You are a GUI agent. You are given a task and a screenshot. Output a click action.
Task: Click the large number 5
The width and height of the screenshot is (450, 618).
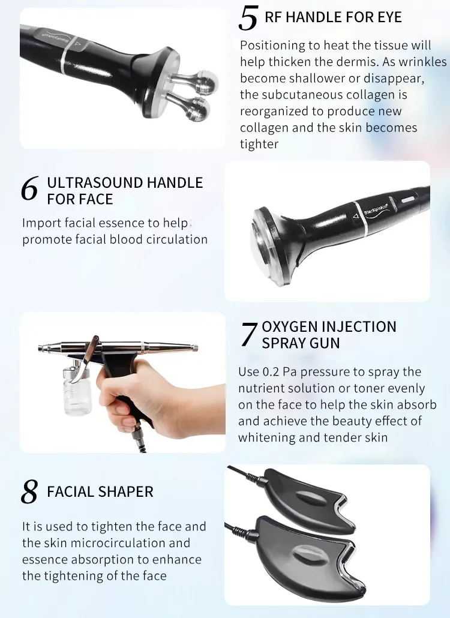[x=248, y=19]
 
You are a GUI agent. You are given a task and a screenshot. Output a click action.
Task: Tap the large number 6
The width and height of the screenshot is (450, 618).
[x=29, y=188]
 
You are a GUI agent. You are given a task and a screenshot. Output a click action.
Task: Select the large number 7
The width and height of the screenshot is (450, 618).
[x=249, y=335]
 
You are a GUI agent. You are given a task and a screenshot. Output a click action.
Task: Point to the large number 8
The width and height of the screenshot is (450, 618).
[x=29, y=491]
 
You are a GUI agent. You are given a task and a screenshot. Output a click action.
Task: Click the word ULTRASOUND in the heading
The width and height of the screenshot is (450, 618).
[x=95, y=183]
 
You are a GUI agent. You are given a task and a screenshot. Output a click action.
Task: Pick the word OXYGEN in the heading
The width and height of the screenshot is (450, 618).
[x=290, y=327]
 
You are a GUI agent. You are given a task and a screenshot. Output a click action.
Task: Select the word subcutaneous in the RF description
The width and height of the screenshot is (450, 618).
[x=298, y=95]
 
